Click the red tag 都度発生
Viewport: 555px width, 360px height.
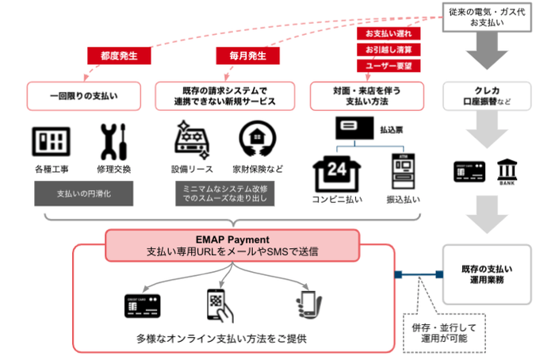119,56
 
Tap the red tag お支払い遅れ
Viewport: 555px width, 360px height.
389,34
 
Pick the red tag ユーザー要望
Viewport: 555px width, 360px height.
389,66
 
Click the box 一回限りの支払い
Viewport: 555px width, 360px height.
83,95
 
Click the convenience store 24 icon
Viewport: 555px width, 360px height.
338,172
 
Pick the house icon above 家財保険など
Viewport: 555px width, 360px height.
258,141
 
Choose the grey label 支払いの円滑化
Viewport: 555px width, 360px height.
83,193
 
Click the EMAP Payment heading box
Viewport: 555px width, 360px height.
232,244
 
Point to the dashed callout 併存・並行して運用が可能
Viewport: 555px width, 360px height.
444,332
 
